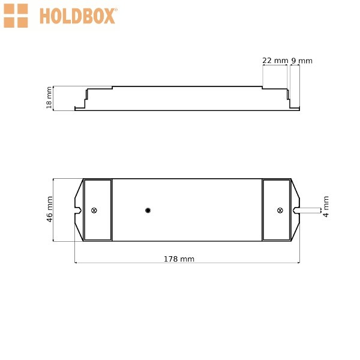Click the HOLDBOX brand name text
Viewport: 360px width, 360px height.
pyautogui.click(x=77, y=16)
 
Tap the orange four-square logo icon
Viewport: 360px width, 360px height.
pyautogui.click(x=16, y=16)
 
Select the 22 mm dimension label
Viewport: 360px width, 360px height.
pyautogui.click(x=275, y=61)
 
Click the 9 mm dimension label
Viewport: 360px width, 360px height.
pyautogui.click(x=302, y=61)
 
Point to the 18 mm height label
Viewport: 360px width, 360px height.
pyautogui.click(x=49, y=98)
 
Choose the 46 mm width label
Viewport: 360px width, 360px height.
pyautogui.click(x=50, y=209)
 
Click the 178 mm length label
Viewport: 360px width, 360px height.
pyautogui.click(x=179, y=259)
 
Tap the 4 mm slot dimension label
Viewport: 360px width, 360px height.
pyautogui.click(x=326, y=206)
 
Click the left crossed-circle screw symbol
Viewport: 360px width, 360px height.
pyautogui.click(x=94, y=211)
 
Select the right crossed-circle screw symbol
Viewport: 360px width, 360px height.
pyautogui.click(x=280, y=211)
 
